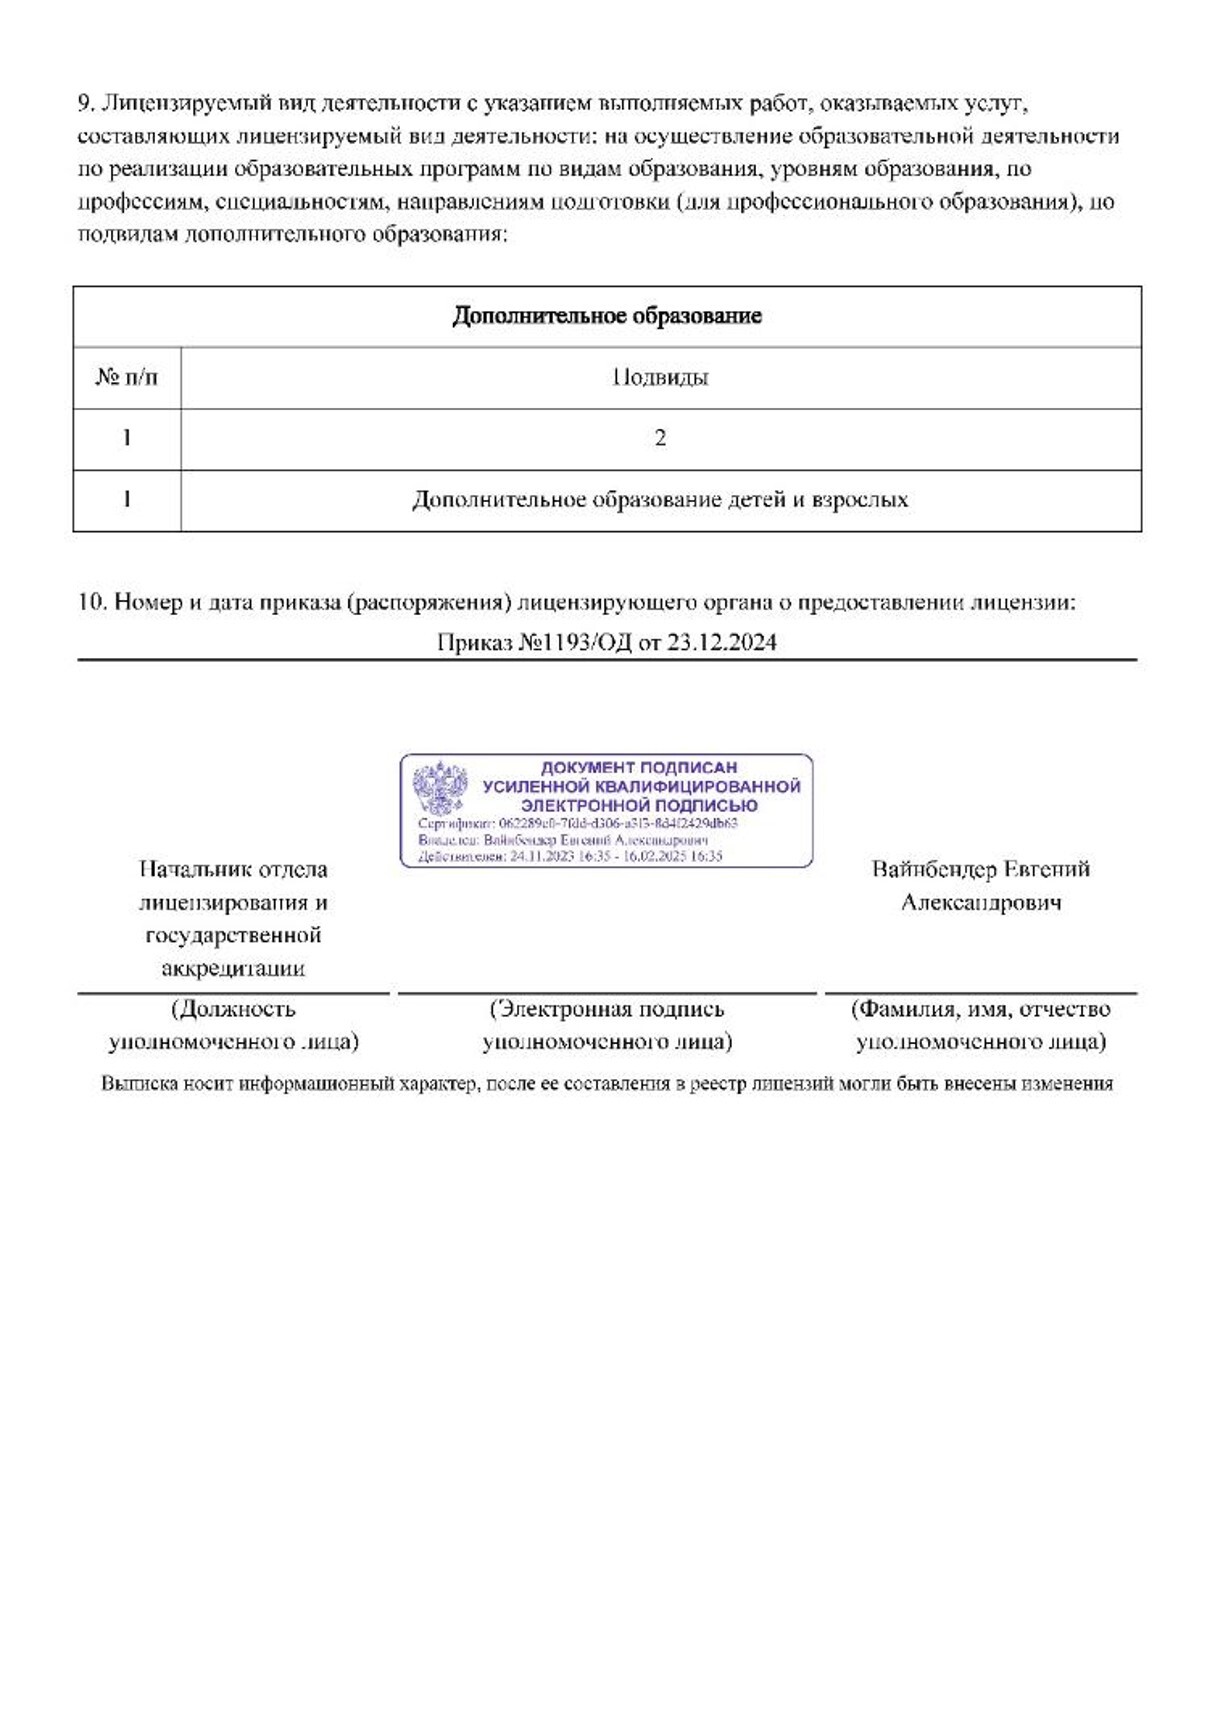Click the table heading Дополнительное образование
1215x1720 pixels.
tap(607, 316)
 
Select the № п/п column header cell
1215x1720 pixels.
tap(126, 377)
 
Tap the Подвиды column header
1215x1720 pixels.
tap(660, 377)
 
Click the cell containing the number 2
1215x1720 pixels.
tap(660, 438)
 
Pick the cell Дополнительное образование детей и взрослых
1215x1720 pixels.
tap(660, 499)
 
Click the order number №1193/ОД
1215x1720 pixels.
tap(575, 642)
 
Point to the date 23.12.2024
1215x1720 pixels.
tap(721, 642)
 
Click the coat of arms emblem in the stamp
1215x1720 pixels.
tap(440, 788)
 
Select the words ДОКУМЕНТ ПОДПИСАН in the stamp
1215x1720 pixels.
tap(639, 768)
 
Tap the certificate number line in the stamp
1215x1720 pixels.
tap(578, 823)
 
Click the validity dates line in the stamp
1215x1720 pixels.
tap(570, 856)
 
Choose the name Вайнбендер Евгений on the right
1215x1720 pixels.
tap(980, 869)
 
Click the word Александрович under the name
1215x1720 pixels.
tap(980, 902)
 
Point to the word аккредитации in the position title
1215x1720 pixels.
tap(233, 968)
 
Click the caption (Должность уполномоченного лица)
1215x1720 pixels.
tap(233, 1025)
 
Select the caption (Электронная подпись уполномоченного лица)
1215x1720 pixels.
tap(607, 1025)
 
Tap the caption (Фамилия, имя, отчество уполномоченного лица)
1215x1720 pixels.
tap(980, 1025)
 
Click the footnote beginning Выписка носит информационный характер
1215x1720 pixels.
tap(607, 1083)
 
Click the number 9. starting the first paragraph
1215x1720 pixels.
tap(86, 103)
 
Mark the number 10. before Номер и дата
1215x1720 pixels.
tap(91, 602)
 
